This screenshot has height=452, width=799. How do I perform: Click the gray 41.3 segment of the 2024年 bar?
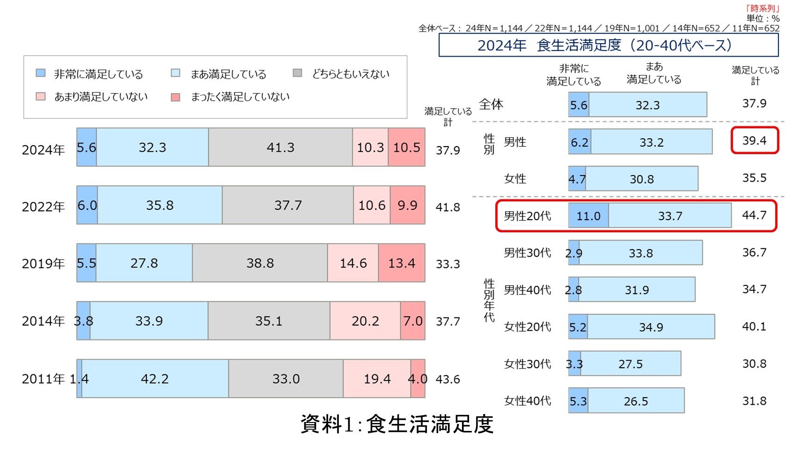280,148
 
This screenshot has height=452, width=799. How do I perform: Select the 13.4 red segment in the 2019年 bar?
402,263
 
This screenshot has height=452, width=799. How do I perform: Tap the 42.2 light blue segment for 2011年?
155,378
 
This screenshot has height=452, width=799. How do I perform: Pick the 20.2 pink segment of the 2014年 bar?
365,321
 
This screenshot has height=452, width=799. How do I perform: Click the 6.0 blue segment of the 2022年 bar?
87,205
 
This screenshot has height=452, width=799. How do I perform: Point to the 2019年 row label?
43,264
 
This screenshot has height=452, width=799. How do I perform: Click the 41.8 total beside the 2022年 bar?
447,207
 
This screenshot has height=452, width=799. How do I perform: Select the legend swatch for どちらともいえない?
297,73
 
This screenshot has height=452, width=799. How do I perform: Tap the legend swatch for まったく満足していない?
176,97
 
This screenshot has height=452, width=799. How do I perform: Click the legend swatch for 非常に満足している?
41,73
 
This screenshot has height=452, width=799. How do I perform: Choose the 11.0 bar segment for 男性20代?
588,215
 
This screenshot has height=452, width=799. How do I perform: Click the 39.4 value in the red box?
754,141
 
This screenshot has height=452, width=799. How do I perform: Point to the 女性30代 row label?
527,364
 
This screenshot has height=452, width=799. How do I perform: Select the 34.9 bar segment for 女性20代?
651,327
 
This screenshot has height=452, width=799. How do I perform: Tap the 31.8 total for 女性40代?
754,401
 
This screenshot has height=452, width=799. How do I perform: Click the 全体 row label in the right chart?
491,104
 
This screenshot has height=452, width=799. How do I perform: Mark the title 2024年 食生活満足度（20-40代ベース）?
608,45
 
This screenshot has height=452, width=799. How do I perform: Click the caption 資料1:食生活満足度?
397,424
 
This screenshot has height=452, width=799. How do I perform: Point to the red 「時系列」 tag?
762,8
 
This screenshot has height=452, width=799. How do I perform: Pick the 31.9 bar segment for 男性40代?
637,290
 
